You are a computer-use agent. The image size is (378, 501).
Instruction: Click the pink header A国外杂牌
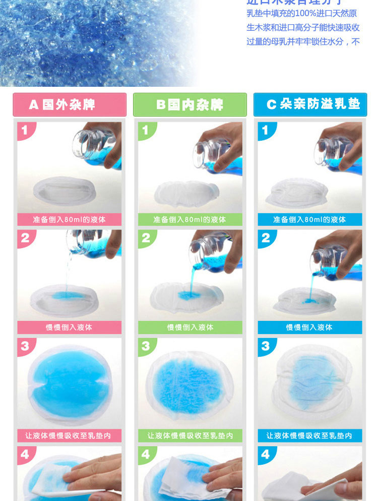point(70,104)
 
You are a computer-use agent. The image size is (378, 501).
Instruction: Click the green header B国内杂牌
point(190,104)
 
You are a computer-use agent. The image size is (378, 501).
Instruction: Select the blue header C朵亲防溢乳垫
point(310,104)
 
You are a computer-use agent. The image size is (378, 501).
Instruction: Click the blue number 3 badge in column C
point(266,346)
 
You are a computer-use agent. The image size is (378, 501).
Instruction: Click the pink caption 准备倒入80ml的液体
point(70,219)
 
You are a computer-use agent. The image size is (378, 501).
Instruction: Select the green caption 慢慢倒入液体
point(190,327)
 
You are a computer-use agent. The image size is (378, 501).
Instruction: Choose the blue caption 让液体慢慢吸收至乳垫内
point(309,435)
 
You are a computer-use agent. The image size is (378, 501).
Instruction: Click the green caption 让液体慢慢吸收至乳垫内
point(190,435)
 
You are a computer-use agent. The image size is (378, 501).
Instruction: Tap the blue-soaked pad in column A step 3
point(70,384)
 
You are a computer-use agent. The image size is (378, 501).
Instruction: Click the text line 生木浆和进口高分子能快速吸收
point(302,28)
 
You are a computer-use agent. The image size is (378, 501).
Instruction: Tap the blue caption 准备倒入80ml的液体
point(309,219)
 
